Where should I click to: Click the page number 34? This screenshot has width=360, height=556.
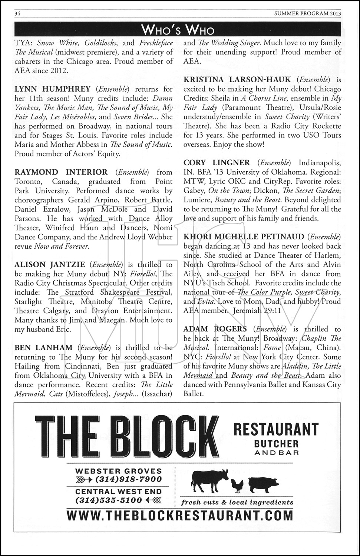pos(17,14)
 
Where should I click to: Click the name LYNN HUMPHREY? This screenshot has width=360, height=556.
pos(52,89)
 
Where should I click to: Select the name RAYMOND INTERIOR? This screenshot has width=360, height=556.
pos(61,172)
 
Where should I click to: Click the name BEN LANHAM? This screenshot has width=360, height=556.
pos(43,348)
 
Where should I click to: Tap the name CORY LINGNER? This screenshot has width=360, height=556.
pos(217,163)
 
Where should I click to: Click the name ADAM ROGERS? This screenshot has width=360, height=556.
pos(215,329)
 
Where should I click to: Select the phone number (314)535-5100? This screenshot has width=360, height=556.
pos(108,500)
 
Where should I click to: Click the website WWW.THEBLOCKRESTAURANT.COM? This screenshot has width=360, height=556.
pos(180,516)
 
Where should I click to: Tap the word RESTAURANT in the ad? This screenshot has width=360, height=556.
pos(276,429)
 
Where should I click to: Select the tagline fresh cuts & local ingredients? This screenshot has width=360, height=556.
pos(237,503)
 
